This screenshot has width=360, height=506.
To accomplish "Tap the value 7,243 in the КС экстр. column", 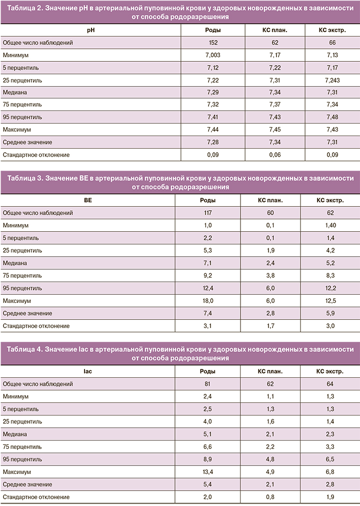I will point(331,80).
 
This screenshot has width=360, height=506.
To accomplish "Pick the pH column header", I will point(90,30).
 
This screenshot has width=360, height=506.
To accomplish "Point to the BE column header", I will point(88,201).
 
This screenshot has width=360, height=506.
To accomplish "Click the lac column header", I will point(88,372).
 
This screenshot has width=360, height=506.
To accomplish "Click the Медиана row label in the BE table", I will point(15,263).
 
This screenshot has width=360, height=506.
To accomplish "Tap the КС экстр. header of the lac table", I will point(330,372).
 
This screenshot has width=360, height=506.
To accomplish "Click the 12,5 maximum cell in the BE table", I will point(330,301).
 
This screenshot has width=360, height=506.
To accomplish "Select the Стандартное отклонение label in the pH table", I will point(36,155).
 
